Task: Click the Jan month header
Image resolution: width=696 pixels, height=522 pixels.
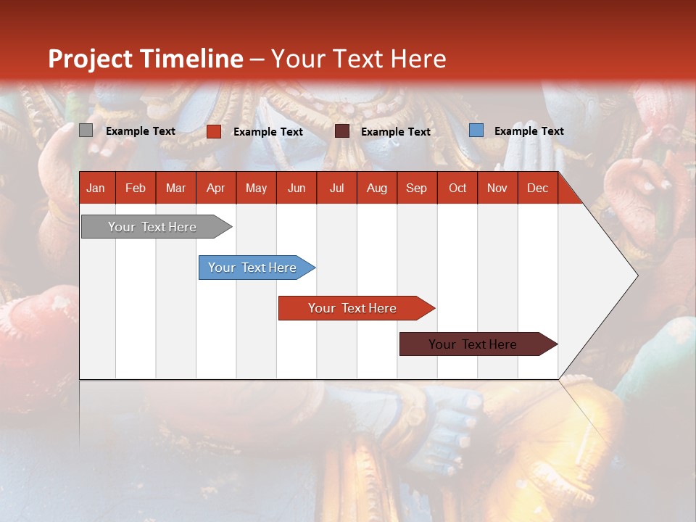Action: [x=96, y=188]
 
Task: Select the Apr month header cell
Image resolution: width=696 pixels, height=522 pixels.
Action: [x=215, y=188]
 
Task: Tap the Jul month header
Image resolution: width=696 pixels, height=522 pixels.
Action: [x=336, y=188]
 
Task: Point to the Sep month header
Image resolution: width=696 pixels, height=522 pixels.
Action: [x=416, y=188]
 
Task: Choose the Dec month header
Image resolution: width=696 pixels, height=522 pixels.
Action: [x=537, y=188]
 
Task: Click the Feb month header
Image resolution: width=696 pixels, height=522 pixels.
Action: [x=136, y=188]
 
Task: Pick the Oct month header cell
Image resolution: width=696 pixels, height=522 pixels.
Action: [x=457, y=188]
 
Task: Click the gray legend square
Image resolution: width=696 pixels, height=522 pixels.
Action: [x=86, y=130]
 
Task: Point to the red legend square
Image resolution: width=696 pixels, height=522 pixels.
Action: [x=213, y=131]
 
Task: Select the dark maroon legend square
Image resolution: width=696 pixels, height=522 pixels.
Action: [x=342, y=131]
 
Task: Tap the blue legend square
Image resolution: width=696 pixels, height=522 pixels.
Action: [x=476, y=130]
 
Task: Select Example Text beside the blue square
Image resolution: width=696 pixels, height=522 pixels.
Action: [x=529, y=130]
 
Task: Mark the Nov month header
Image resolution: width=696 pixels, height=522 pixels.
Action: [x=497, y=188]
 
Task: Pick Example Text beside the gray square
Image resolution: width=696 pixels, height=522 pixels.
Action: [x=140, y=130]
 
